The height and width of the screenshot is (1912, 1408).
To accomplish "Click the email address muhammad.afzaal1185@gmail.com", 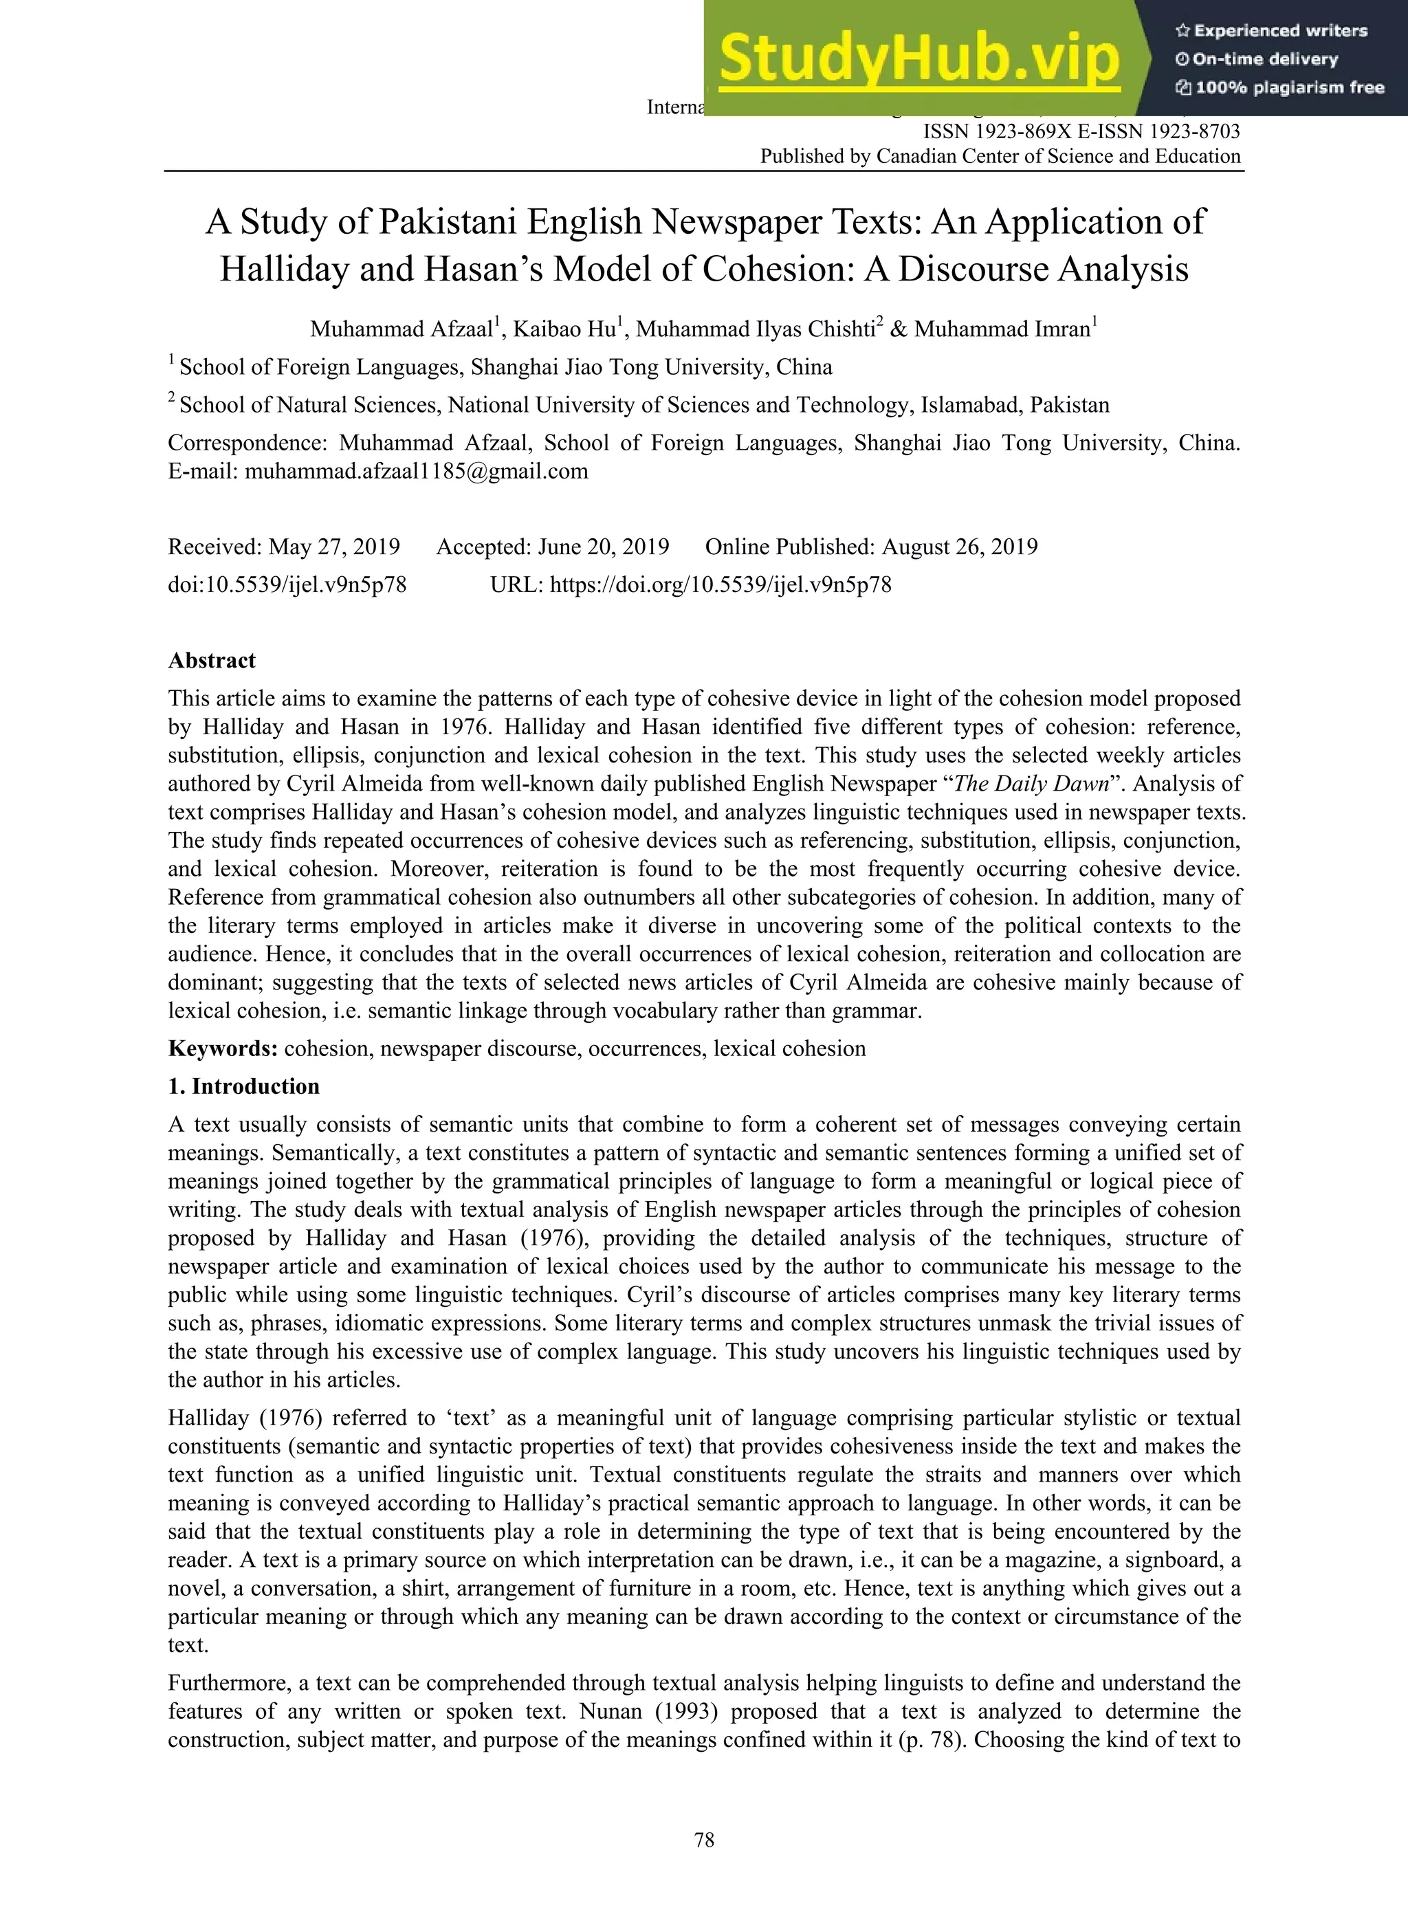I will pyautogui.click(x=416, y=472).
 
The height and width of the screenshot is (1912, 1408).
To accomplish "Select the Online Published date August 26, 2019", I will pyautogui.click(x=959, y=547).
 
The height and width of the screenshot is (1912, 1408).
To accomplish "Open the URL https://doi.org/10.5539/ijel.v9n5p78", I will pyautogui.click(x=720, y=585).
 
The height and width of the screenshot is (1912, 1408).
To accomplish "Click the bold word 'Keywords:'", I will pyautogui.click(x=223, y=1048).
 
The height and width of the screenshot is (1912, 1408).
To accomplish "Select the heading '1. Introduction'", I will pyautogui.click(x=244, y=1087).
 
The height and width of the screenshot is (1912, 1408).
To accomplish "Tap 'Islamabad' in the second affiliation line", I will pyautogui.click(x=971, y=405).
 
